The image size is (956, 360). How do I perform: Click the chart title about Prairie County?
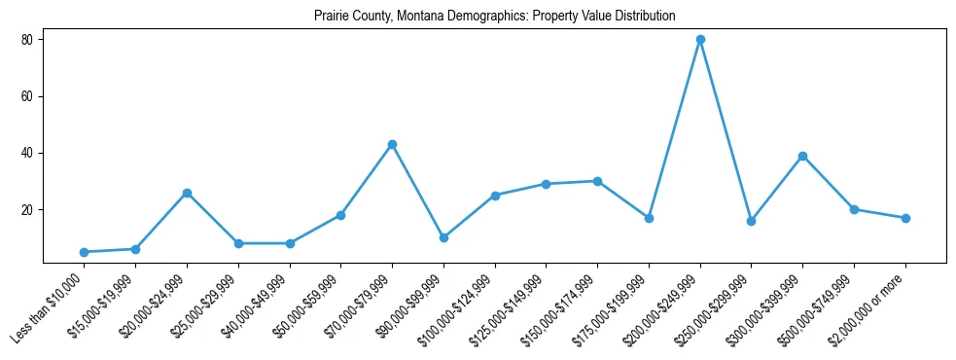494,17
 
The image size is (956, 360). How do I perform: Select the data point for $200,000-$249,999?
700,40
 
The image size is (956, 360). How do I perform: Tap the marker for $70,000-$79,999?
392,144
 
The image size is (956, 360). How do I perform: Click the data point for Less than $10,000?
84,252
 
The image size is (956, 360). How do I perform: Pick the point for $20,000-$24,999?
187,193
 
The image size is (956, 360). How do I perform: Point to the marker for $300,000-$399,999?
802,156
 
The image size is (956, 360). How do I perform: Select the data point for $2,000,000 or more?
905,218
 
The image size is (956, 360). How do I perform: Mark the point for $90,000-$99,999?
443,237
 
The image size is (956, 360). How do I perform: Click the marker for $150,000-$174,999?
597,181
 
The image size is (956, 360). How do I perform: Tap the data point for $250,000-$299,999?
751,221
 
